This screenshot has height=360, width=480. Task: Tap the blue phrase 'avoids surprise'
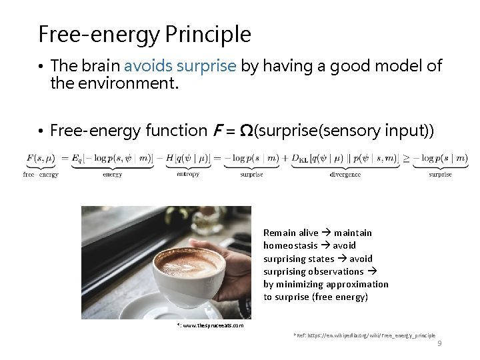(x=180, y=66)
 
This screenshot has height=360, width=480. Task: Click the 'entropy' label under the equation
(x=188, y=175)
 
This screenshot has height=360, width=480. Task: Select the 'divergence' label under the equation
(x=345, y=175)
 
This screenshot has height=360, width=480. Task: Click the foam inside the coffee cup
(x=188, y=262)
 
